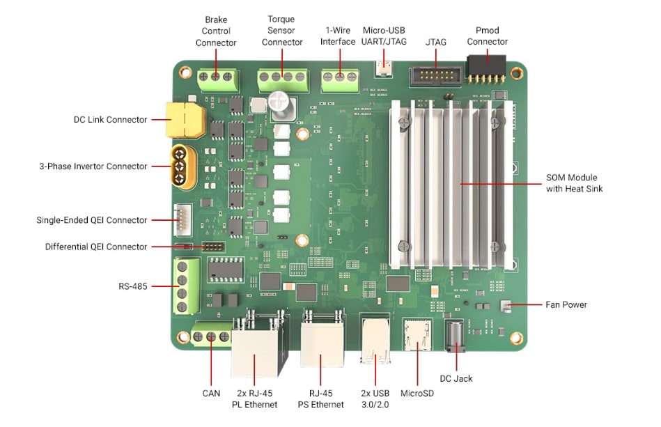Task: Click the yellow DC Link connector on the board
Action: click(185, 120)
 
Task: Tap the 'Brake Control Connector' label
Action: click(216, 31)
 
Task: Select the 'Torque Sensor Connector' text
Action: click(282, 31)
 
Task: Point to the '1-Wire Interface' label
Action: click(338, 36)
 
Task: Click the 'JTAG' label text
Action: click(436, 42)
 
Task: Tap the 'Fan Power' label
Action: click(566, 304)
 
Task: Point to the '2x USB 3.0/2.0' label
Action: click(375, 398)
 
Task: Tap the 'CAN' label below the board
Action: click(211, 394)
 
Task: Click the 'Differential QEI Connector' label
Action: click(96, 247)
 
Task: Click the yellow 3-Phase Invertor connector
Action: click(183, 166)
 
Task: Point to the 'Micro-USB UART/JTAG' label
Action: click(383, 36)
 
